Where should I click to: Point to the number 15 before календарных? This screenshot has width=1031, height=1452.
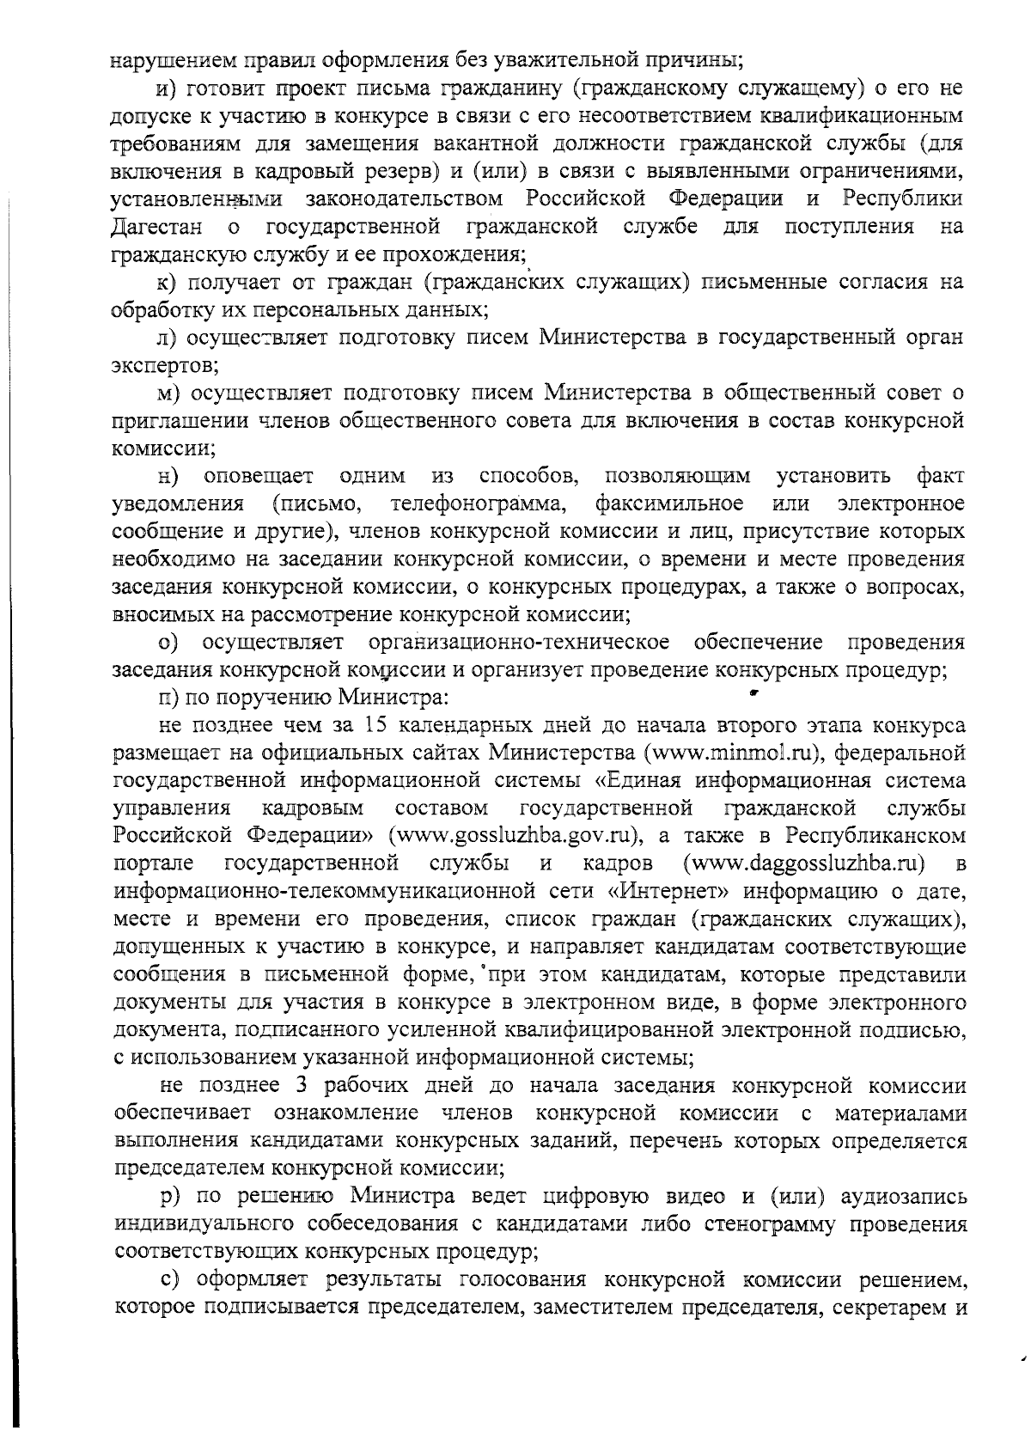[379, 725]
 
